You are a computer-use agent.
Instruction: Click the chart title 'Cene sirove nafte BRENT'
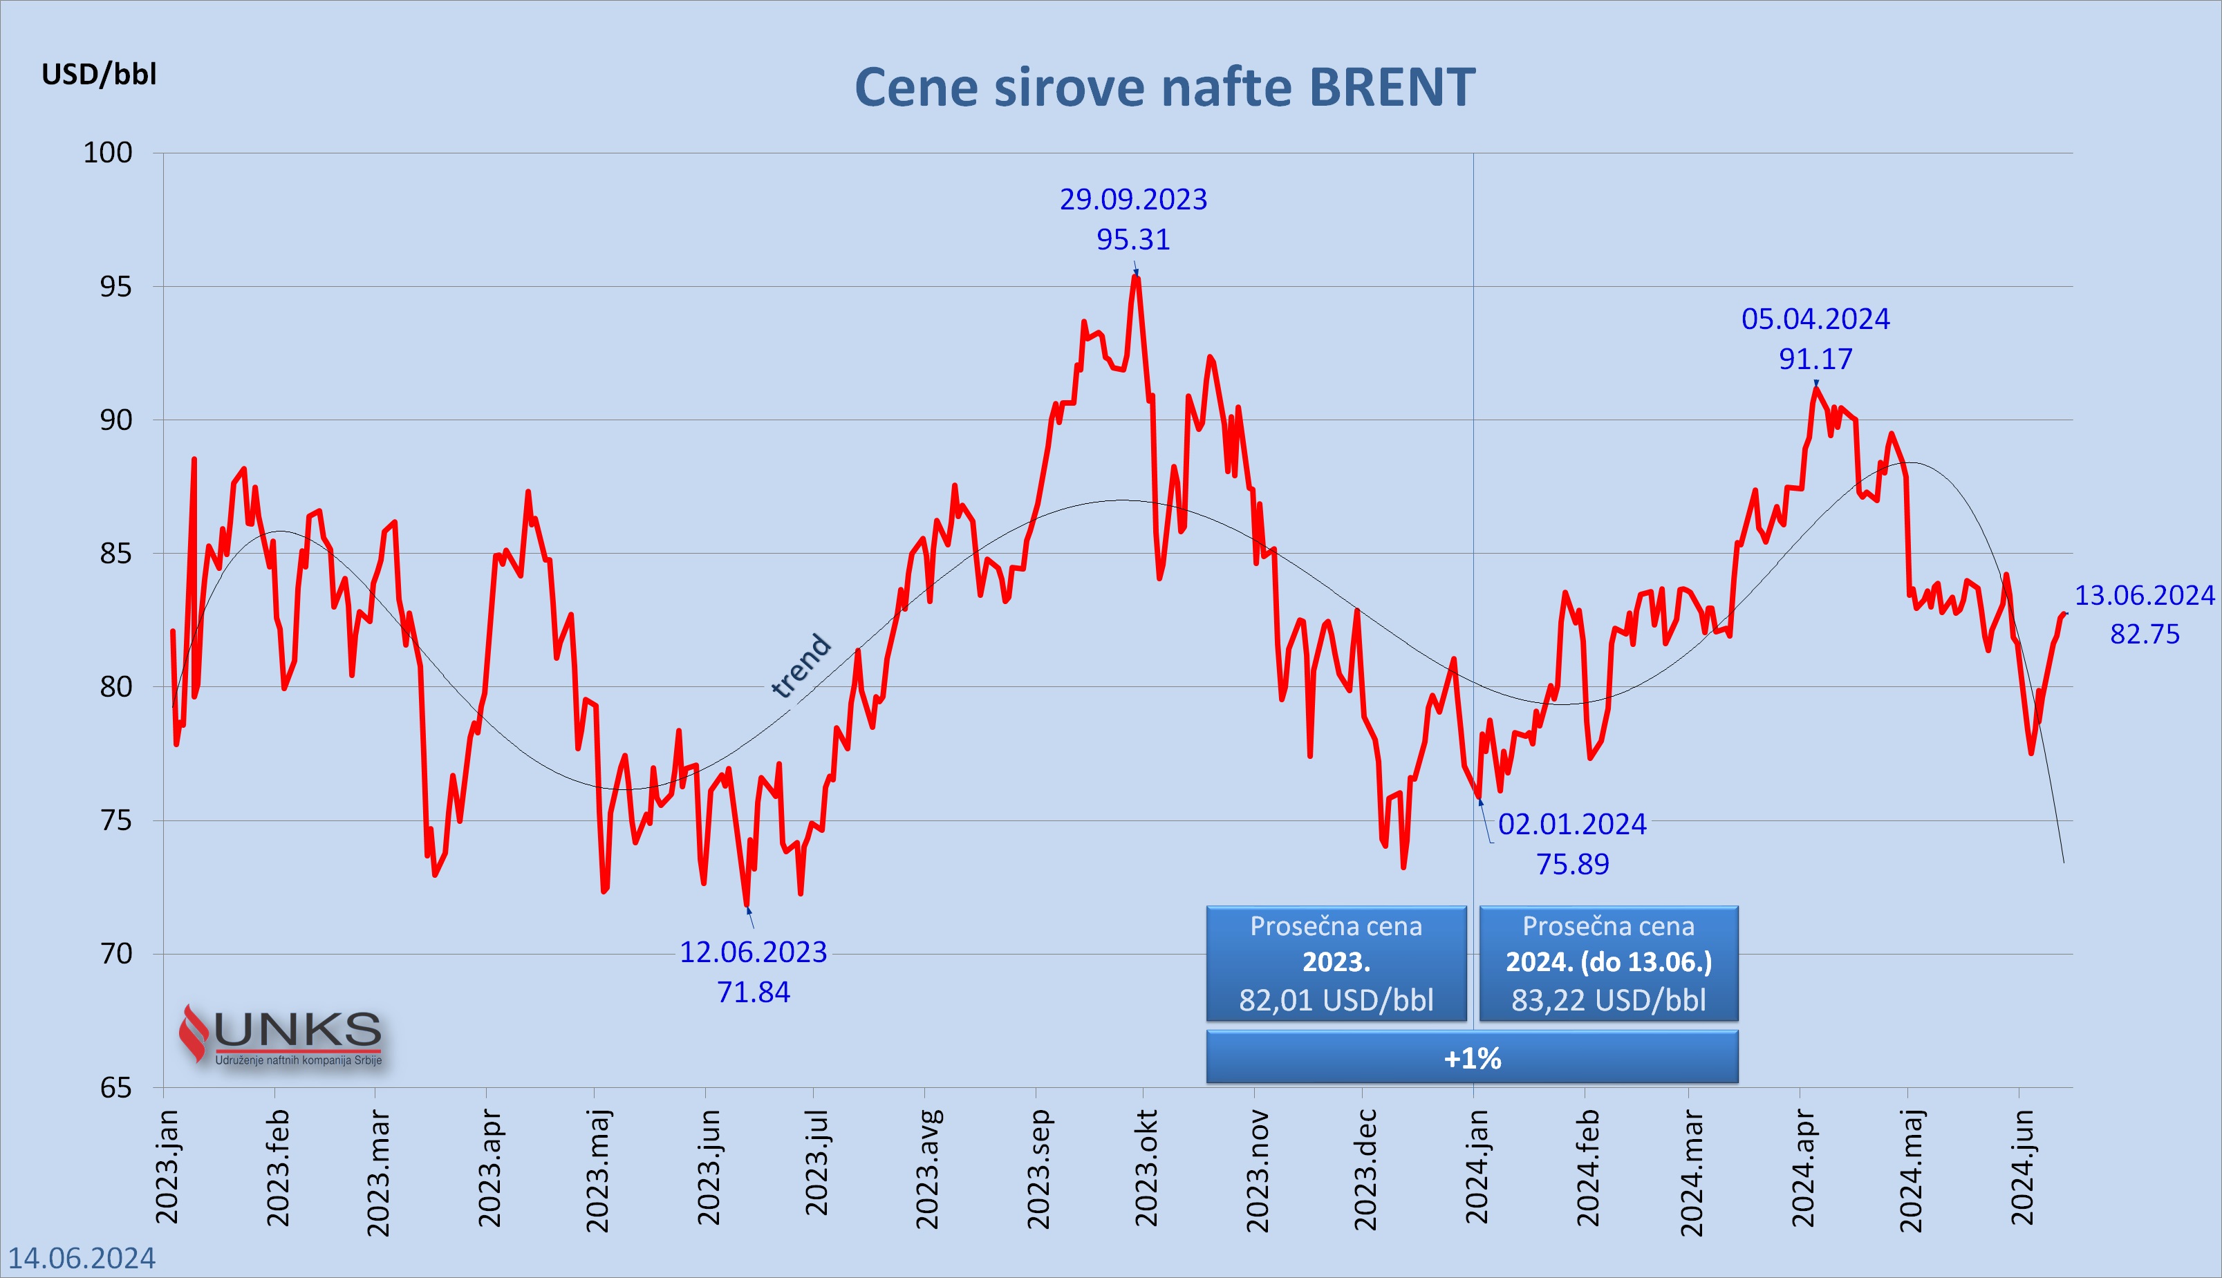point(1164,88)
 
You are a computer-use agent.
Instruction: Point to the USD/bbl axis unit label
point(99,75)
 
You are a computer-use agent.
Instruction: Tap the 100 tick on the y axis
point(108,153)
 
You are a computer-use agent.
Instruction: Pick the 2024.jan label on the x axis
point(1477,1167)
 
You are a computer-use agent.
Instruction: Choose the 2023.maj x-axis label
point(597,1170)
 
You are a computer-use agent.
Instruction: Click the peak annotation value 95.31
point(1132,240)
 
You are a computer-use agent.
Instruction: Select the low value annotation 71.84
point(754,992)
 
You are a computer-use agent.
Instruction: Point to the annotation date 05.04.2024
point(1815,319)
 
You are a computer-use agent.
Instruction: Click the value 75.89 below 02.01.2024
point(1572,865)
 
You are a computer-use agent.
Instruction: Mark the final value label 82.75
point(2144,634)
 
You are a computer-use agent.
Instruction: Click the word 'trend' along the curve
point(800,666)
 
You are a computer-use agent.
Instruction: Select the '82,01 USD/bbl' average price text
point(1335,999)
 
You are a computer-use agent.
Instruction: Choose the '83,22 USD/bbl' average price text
point(1608,999)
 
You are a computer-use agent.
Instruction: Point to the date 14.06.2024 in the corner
point(82,1258)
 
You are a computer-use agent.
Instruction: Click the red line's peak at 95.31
point(1137,276)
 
